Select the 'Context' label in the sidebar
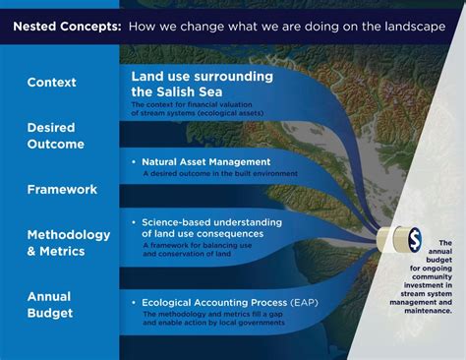52,82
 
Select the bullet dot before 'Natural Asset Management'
134,160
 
